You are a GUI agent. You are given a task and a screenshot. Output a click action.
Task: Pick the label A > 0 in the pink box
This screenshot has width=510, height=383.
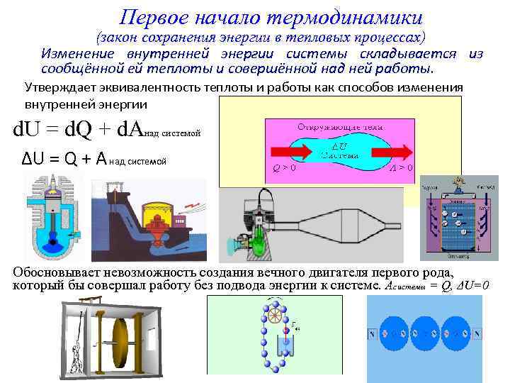pyautogui.click(x=401, y=170)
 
